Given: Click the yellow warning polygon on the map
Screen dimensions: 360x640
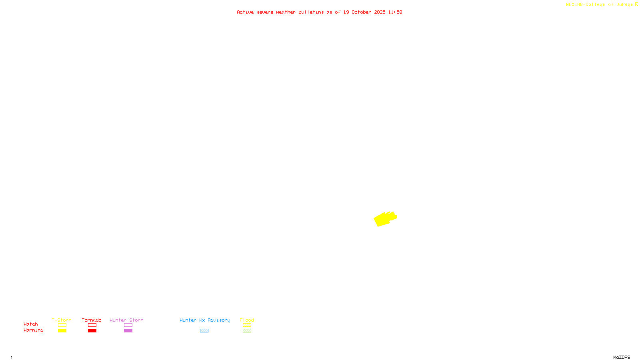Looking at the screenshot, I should pyautogui.click(x=384, y=219).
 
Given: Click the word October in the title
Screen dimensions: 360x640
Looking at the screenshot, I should pyautogui.click(x=361, y=12).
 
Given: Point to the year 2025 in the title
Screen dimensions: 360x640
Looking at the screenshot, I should pyautogui.click(x=380, y=12).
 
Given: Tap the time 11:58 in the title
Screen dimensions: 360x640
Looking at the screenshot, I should pyautogui.click(x=395, y=12).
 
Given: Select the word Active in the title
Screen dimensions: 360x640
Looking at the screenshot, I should pyautogui.click(x=245, y=12).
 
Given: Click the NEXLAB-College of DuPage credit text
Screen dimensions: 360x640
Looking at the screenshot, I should pyautogui.click(x=599, y=4).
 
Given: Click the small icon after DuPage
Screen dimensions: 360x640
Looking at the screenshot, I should pyautogui.click(x=636, y=4).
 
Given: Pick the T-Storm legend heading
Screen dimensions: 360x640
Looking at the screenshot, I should pyautogui.click(x=62, y=320).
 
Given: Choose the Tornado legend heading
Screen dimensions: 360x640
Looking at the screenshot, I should pyautogui.click(x=92, y=320).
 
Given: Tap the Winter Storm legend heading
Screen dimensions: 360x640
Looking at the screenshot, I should pyautogui.click(x=126, y=320).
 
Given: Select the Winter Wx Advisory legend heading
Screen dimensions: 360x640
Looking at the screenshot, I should pyautogui.click(x=205, y=320).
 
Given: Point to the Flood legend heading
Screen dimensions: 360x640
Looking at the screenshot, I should pyautogui.click(x=247, y=320).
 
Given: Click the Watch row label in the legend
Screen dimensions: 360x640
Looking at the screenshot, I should pyautogui.click(x=31, y=324).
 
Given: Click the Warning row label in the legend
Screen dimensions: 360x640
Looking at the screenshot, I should pyautogui.click(x=33, y=330).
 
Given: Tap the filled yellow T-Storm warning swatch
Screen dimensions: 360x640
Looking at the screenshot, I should pyautogui.click(x=62, y=331).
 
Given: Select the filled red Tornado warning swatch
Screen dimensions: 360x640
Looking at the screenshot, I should pyautogui.click(x=92, y=331).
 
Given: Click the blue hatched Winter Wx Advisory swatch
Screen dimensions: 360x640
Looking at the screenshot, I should pyautogui.click(x=204, y=331).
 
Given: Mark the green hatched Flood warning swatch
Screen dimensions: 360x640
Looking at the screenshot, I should pyautogui.click(x=247, y=331).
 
